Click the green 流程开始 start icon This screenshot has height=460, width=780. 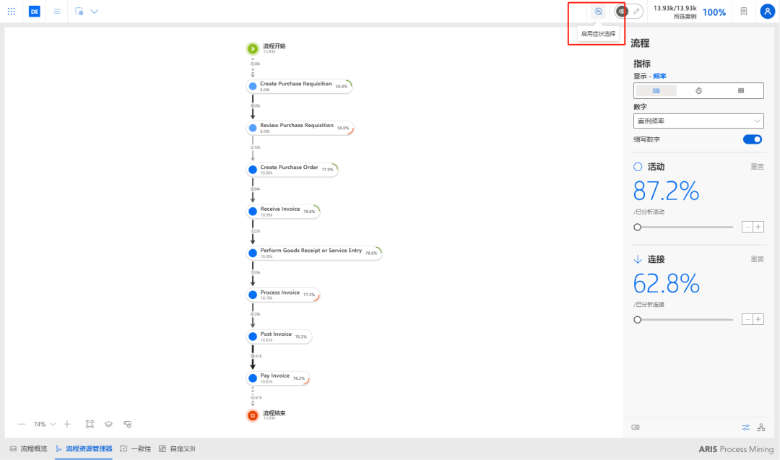click(253, 49)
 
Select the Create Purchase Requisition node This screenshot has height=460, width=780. click(296, 86)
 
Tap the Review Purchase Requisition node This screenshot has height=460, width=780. click(297, 128)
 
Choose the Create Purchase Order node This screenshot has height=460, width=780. click(289, 169)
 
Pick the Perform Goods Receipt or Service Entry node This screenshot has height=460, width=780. click(311, 253)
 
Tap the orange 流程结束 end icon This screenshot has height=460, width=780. click(253, 415)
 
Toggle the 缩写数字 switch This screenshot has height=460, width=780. click(753, 139)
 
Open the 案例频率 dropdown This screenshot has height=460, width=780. click(698, 121)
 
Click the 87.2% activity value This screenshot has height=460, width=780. click(666, 191)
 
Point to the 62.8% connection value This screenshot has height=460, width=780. click(666, 284)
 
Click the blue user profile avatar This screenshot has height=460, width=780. click(767, 12)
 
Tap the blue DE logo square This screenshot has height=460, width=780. click(35, 12)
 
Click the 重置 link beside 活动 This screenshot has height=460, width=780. click(757, 167)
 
